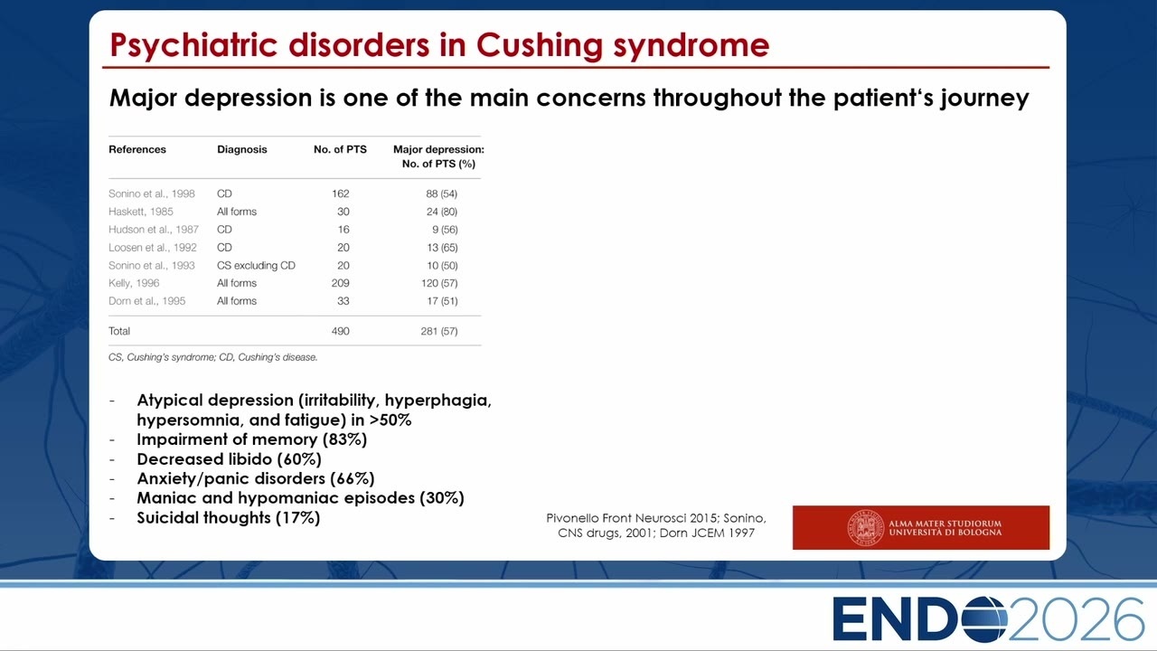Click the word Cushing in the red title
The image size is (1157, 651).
tap(540, 45)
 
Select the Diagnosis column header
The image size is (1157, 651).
tap(241, 149)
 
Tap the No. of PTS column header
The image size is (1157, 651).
tap(340, 149)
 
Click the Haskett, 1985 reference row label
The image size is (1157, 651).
tap(140, 212)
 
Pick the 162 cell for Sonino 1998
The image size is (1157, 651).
tap(341, 193)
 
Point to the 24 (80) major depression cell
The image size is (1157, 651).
tap(442, 212)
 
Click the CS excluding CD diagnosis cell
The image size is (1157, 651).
tap(256, 266)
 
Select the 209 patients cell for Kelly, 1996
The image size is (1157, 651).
tap(341, 283)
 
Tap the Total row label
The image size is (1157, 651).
tap(119, 331)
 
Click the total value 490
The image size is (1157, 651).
tap(341, 331)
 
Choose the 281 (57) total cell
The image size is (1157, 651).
tap(439, 331)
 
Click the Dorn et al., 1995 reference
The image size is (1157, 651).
tap(146, 301)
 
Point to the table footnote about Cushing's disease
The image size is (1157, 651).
tap(212, 357)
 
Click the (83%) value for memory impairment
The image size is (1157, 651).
tap(344, 439)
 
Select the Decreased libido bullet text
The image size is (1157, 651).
tap(229, 459)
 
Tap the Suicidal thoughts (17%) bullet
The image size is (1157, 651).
tap(229, 518)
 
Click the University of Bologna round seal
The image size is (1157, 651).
tap(866, 527)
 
